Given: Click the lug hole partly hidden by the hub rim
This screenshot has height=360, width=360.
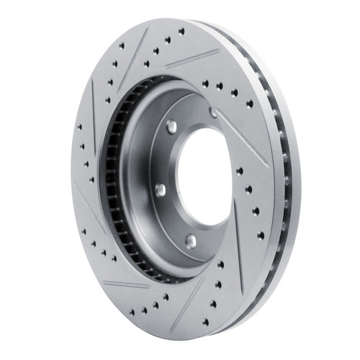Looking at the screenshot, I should pos(213,112).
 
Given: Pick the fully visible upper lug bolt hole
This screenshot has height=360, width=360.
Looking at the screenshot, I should pos(171,126).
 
